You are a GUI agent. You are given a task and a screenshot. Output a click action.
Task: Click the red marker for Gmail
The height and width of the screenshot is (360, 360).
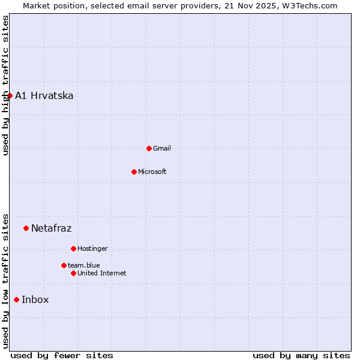coord(149,148)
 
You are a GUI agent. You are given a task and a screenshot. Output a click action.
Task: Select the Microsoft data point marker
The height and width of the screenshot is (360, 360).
coord(134,172)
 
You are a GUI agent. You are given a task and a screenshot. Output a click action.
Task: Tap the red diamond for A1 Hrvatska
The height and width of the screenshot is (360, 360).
coord(10,95)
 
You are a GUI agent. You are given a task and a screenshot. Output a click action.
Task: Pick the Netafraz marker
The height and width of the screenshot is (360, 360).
coord(26,228)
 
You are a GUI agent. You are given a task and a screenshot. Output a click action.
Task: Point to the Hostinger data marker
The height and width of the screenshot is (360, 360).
coord(73,248)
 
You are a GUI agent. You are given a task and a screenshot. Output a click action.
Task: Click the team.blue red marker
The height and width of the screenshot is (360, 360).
coord(64,265)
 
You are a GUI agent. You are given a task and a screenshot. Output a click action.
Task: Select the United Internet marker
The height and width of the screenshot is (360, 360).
coord(73,273)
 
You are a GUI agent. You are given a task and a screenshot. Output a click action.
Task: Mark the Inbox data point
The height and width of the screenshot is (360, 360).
coord(16,299)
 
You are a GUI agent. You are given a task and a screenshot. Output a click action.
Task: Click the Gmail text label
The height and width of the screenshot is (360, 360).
coord(162,148)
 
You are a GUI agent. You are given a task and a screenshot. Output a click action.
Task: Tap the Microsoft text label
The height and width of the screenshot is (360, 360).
coord(152,172)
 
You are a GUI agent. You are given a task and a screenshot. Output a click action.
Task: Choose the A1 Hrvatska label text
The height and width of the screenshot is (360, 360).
coord(44,95)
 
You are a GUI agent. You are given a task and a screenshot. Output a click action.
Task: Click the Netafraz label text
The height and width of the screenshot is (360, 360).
coord(52,228)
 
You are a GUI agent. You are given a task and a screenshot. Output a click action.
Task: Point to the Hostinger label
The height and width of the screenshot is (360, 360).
coord(93,248)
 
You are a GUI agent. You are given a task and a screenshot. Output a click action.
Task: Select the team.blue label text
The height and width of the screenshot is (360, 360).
coord(84,265)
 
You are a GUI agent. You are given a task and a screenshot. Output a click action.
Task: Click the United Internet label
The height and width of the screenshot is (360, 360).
coord(102,273)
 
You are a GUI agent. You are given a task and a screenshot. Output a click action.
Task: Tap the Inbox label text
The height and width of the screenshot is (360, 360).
coord(35,299)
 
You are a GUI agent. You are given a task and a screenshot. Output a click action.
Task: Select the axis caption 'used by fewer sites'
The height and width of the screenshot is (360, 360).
coord(62,355)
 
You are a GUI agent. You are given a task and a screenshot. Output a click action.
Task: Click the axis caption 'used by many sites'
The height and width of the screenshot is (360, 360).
coord(301,355)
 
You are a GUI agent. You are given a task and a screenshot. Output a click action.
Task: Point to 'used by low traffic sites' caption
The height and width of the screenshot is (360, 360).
coord(5,281)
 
